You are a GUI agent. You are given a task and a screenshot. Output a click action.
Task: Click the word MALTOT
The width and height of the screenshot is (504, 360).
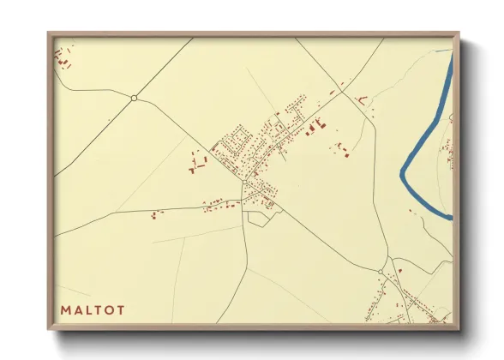[92, 310]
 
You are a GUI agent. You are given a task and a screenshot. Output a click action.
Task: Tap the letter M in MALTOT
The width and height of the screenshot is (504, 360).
[65, 310]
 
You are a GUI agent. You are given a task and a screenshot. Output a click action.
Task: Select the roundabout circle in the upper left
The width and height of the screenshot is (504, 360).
[134, 98]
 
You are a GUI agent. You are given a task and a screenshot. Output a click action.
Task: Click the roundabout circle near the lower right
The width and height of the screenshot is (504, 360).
[381, 272]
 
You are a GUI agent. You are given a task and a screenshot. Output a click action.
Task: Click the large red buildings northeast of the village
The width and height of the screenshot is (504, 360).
[314, 127]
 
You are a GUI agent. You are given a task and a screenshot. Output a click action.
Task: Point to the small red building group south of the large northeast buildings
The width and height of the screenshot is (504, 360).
[342, 150]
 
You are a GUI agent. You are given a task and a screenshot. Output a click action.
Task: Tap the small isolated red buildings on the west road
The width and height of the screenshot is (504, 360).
[155, 213]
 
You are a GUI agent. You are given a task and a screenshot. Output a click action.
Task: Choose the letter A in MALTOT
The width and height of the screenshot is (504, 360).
[79, 310]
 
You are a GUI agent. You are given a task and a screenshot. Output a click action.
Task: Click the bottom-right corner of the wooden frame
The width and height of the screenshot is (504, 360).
[459, 329]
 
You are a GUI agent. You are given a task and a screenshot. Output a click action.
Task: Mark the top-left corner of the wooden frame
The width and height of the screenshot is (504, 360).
[49, 33]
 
